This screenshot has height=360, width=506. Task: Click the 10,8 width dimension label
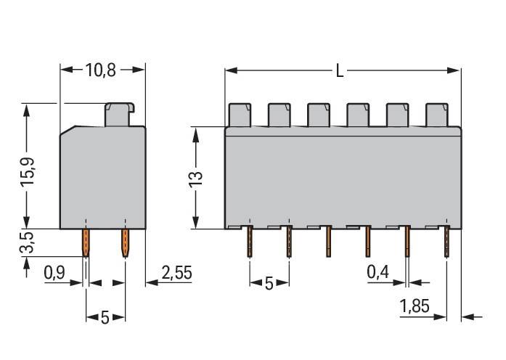pos(102,70)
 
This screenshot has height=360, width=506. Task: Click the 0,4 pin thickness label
pos(377,274)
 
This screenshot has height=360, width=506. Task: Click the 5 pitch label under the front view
pos(269,284)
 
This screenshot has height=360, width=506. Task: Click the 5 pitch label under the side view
pos(105,317)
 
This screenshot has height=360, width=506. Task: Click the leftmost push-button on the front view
pos(240,114)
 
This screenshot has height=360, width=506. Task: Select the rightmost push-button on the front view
pos(436,114)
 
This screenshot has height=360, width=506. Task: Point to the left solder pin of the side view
pos(86,243)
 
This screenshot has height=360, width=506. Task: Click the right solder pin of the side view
pos(125,243)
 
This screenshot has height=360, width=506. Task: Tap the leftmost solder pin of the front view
pos(250,242)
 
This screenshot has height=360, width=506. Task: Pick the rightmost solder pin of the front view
pos(446,242)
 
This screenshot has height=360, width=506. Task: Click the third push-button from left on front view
pos(318,114)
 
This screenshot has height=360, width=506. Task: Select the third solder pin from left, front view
pos(328,242)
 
